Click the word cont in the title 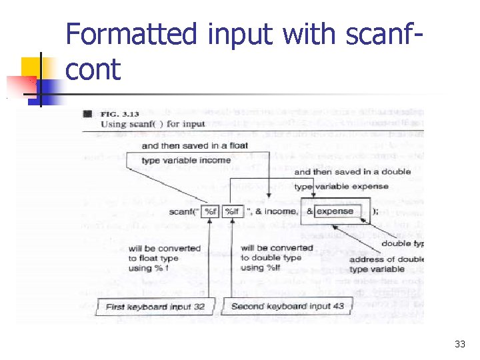[93, 69]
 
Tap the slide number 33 [459, 344]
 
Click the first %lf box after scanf [211, 211]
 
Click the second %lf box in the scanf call [232, 211]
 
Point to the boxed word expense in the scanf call [335, 211]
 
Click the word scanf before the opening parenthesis [181, 212]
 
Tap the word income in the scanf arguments [281, 212]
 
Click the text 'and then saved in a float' [195, 146]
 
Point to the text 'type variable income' [186, 160]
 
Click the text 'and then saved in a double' [353, 172]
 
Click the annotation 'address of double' [386, 259]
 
